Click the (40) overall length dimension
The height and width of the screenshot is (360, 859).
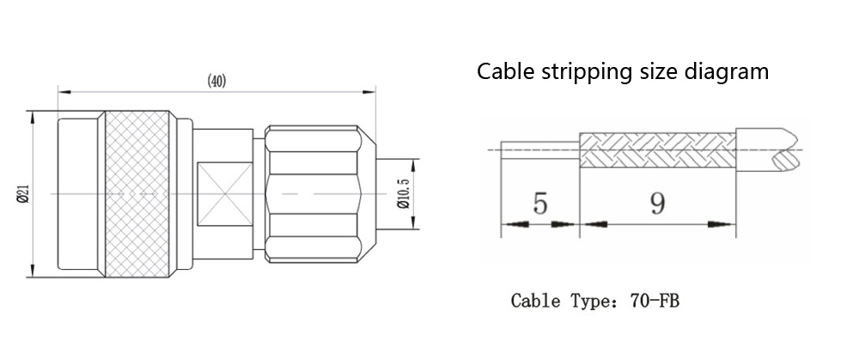pos(216,82)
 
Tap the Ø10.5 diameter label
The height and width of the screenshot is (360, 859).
pos(401,195)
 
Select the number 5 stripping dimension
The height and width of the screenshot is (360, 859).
pos(539,204)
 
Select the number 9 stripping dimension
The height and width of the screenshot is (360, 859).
pos(657,204)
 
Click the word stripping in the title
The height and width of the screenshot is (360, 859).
pos(584,71)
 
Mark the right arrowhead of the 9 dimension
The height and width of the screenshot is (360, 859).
pos(728,225)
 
